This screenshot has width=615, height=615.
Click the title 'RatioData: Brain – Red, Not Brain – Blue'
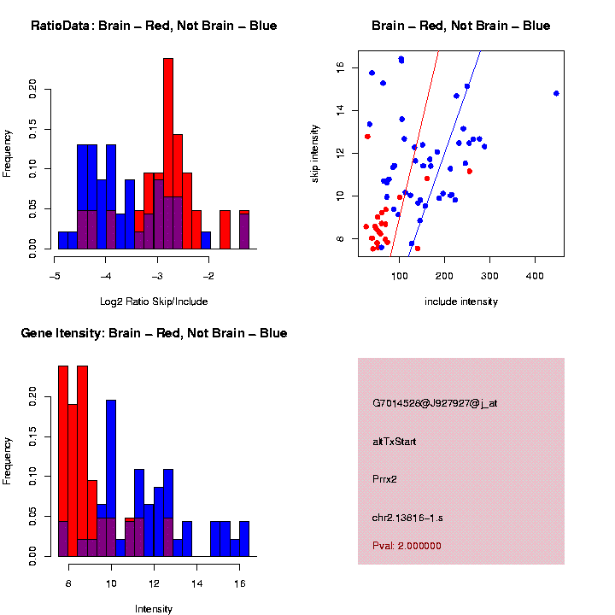point(154,26)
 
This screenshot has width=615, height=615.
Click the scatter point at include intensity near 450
point(556,93)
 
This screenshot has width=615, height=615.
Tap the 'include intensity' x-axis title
point(461,302)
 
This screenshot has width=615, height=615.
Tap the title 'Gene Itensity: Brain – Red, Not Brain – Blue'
point(154,333)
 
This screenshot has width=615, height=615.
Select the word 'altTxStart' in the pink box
point(395,442)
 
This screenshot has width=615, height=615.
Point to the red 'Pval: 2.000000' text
point(407,546)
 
